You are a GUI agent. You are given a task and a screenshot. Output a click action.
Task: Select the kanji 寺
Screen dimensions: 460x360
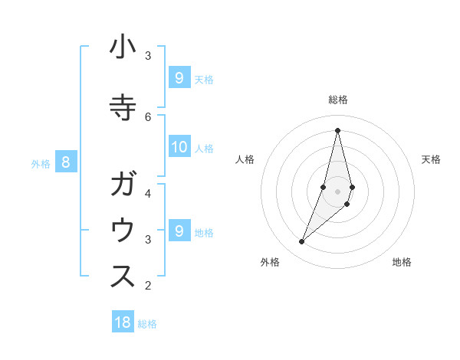[x=123, y=106]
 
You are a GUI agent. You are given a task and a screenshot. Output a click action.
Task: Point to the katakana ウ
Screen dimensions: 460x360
[x=123, y=231]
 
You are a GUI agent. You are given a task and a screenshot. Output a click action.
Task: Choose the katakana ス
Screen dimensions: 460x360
[x=123, y=277]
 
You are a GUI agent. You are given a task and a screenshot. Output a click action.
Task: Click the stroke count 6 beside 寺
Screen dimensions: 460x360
[x=148, y=116]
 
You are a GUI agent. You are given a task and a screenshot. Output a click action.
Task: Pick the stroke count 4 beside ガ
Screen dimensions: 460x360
[x=148, y=193]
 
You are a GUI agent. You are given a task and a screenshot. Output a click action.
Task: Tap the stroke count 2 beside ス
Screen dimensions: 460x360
[x=148, y=286]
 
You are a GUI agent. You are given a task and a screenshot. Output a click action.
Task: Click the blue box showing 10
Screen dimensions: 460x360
[x=179, y=147]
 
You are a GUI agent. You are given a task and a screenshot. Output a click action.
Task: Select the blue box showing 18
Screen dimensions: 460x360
[x=123, y=322]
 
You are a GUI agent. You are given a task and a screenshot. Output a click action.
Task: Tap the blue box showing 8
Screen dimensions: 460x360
[x=66, y=162]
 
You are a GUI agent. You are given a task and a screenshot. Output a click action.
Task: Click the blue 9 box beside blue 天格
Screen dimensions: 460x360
[x=179, y=78]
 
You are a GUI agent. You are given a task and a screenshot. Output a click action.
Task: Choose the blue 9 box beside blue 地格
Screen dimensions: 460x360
[x=179, y=231]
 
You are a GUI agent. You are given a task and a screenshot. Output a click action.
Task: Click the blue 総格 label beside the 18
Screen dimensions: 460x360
[x=147, y=324]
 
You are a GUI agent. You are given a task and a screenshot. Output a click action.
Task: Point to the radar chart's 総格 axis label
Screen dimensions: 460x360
[x=337, y=100]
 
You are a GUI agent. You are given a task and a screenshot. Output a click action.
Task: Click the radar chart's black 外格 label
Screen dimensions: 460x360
[x=270, y=262]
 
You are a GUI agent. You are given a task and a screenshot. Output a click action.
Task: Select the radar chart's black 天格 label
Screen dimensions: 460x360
[x=431, y=159]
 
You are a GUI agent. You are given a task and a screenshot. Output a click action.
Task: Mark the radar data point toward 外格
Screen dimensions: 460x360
[x=302, y=242]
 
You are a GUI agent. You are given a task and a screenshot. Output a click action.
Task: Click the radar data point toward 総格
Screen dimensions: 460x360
[x=337, y=129]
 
